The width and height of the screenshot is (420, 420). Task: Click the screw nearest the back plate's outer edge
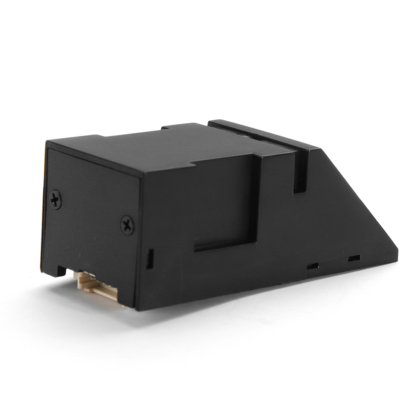pyautogui.click(x=55, y=199)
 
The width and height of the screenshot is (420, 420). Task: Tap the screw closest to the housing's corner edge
pyautogui.click(x=127, y=225)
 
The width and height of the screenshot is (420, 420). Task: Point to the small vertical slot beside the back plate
pyautogui.click(x=149, y=258)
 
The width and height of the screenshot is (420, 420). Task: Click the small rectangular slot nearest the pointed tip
pyautogui.click(x=354, y=258)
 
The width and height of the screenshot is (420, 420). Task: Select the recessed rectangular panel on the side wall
pyautogui.click(x=225, y=202)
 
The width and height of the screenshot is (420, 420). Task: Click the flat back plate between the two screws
pyautogui.click(x=90, y=218)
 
